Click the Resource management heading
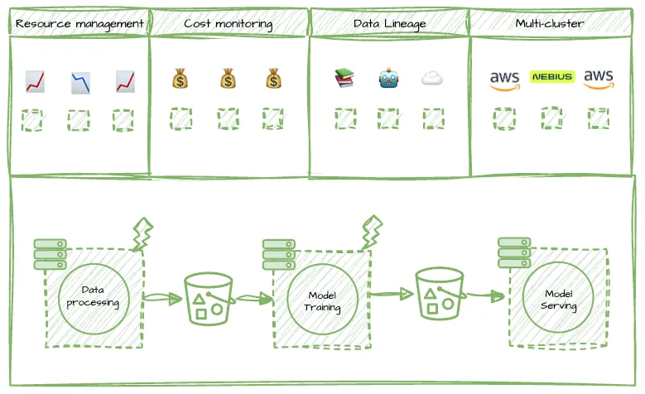pos(79,24)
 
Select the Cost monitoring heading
pos(229,24)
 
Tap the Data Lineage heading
pos(389,24)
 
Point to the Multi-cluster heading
pos(550,23)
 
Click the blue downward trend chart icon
pos(80,83)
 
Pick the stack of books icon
pos(344,78)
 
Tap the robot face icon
pos(388,78)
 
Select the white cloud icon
pos(432,78)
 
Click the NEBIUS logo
pos(552,76)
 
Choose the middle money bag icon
pos(228,79)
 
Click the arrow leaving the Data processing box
pos(163,298)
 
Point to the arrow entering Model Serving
pos(485,295)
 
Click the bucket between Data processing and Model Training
pos(209,299)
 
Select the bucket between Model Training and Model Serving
pos(440,294)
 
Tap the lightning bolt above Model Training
pos(372,232)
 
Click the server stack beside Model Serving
pos(514,252)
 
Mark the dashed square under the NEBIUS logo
pos(551,118)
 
